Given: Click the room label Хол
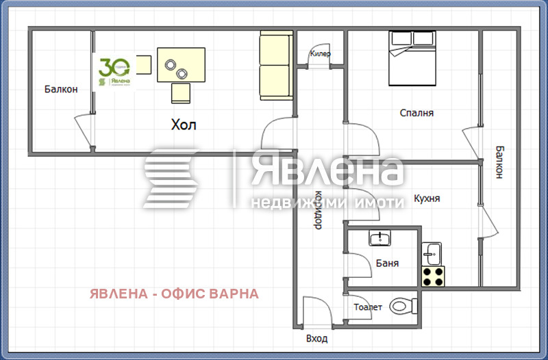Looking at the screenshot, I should coord(183,125).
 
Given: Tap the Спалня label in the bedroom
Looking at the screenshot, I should coord(417,113).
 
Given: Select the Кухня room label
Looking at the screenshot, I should coord(427,199).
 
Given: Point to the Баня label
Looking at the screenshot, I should coord(387,263).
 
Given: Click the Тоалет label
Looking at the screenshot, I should coord(368,307).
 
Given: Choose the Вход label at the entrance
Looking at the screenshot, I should coord(316,338).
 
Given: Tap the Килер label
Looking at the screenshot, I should coord(321,53).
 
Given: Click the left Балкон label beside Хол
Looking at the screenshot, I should coord(61,89).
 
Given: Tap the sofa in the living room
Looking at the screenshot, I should coord(275,66).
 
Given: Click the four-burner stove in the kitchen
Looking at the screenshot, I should coord(432,276).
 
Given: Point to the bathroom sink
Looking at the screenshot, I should coord(379,239).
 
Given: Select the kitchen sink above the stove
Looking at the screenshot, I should coord(432,253).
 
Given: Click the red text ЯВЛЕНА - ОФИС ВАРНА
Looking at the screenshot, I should coord(174,294).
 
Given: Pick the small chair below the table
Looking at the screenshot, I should coord(181,92).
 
